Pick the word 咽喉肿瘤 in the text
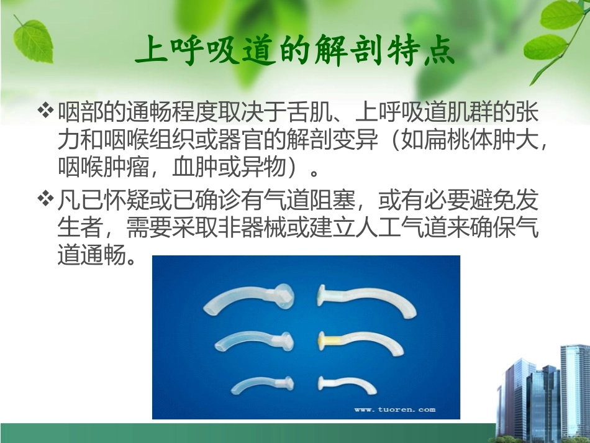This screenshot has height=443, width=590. tap(102, 168)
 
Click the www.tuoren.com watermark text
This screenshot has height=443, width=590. tap(394, 409)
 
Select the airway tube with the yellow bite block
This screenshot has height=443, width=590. tap(360, 341)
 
